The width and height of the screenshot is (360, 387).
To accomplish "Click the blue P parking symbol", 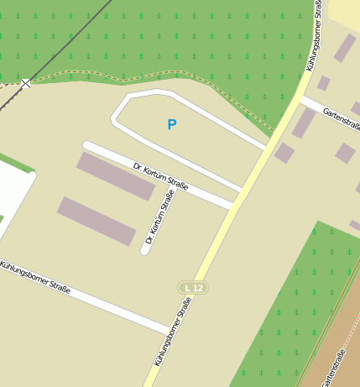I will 172,125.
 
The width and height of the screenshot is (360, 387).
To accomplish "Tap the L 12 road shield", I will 193,288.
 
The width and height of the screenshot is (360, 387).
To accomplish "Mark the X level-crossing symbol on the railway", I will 26,83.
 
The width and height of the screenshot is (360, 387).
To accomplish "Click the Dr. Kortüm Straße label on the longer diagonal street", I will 160,175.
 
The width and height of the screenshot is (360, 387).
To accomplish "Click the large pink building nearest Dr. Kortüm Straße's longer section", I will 116,176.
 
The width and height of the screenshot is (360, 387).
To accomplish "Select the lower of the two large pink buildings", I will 96,221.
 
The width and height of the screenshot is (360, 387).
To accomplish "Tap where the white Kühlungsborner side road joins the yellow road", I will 170,328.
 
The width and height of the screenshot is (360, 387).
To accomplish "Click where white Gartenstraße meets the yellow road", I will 302,99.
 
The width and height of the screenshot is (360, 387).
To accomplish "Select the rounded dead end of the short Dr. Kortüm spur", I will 145,250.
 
